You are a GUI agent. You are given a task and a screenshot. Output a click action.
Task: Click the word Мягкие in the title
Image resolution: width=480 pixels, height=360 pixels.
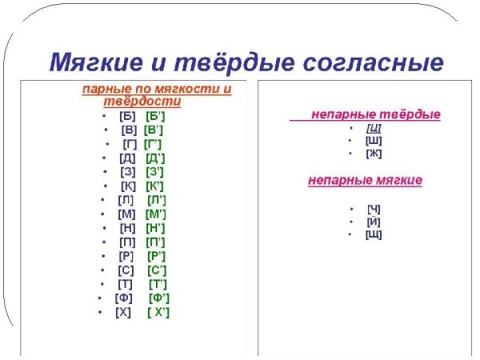tap(98, 62)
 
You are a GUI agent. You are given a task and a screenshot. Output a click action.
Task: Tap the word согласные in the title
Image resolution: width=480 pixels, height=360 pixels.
tap(367, 62)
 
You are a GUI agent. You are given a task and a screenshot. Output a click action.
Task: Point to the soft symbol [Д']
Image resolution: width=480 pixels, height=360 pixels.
tap(156, 158)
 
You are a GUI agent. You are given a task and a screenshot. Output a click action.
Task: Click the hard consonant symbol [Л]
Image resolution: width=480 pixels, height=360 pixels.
tap(126, 199)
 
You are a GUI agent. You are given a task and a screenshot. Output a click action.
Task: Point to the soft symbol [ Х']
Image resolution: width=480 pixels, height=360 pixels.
tap(158, 311)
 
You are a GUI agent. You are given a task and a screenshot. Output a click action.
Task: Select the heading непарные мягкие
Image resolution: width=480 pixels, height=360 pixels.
tap(365, 180)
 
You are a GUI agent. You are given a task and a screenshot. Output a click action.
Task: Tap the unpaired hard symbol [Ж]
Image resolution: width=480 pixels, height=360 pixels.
tap(373, 154)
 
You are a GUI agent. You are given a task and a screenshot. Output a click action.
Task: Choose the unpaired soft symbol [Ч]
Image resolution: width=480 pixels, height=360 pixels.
tap(373, 209)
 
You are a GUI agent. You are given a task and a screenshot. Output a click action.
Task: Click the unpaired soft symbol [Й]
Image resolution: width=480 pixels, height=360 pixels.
tap(373, 222)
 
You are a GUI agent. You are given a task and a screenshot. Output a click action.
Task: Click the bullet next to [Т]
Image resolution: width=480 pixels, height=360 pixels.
tap(102, 284)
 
